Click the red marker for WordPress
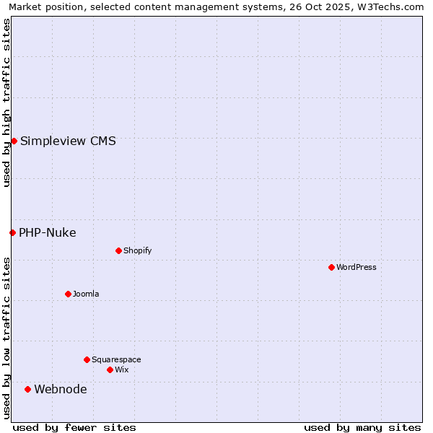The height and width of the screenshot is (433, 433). click(x=331, y=267)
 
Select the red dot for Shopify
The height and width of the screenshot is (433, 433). click(x=118, y=250)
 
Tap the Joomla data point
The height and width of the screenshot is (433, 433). click(x=68, y=294)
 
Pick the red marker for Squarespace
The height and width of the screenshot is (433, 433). click(x=87, y=359)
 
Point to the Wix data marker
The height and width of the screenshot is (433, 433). click(x=110, y=369)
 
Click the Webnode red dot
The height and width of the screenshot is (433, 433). click(x=28, y=389)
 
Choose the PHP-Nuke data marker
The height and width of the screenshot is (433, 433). click(x=12, y=232)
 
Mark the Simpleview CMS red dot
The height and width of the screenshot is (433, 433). click(x=14, y=141)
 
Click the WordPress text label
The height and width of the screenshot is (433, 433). click(x=357, y=267)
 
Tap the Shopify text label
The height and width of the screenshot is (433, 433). click(x=137, y=250)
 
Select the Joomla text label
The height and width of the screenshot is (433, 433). click(x=86, y=294)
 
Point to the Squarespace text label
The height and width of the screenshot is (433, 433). click(x=116, y=359)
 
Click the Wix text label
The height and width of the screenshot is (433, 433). click(x=121, y=369)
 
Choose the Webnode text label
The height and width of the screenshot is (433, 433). click(x=61, y=390)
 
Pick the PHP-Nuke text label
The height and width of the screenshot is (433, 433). click(x=48, y=232)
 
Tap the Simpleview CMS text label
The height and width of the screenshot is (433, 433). click(x=68, y=141)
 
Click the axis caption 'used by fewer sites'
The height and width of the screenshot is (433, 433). click(x=74, y=427)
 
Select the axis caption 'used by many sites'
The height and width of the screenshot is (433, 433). click(x=362, y=427)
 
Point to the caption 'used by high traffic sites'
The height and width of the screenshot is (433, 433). click(x=6, y=102)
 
